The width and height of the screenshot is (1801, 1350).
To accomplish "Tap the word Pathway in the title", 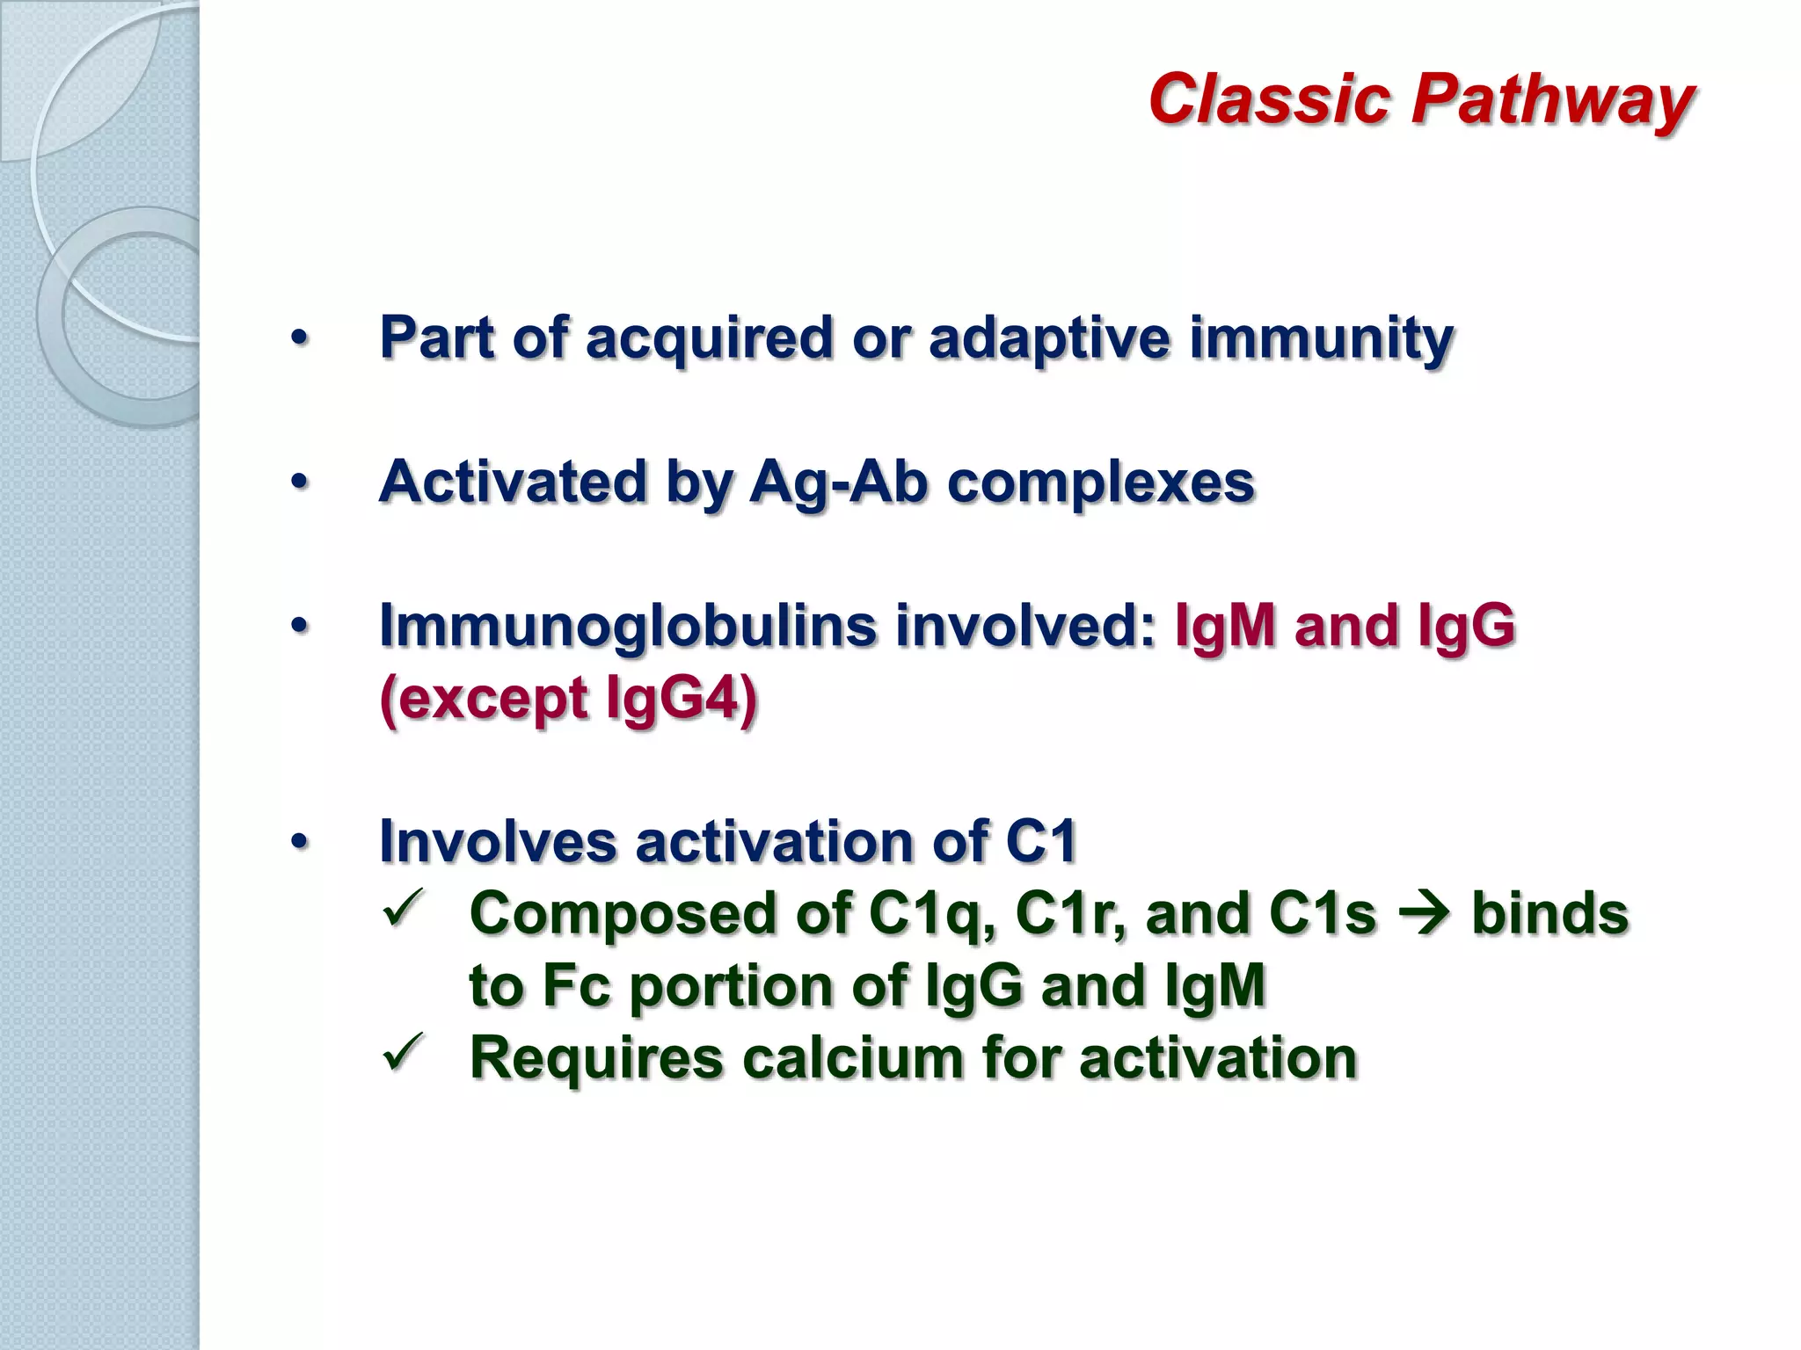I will [x=1552, y=100].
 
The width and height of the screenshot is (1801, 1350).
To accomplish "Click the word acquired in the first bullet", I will [x=709, y=338].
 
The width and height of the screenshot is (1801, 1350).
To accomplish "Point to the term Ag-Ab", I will [x=839, y=483].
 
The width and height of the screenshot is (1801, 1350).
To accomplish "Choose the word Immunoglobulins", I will [x=628, y=626].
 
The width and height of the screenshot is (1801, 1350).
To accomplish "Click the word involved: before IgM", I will [x=1025, y=626].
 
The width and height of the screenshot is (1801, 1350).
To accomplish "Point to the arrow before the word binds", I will [x=1424, y=915].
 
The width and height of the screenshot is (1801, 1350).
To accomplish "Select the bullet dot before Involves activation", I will [x=300, y=842].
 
